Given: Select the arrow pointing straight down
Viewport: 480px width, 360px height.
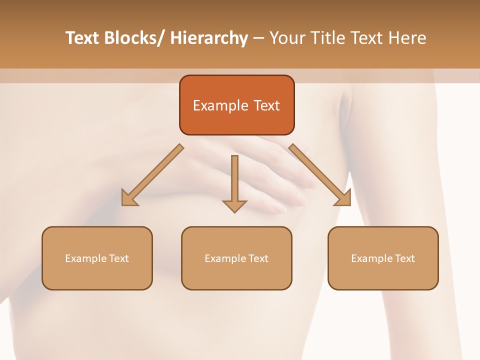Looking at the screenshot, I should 234,182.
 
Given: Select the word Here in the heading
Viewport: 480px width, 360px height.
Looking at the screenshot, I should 408,38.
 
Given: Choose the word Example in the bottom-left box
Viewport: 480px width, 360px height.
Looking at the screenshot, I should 85,258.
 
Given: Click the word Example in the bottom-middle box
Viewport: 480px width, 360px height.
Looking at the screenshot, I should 225,258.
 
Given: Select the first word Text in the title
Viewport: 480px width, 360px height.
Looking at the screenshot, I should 83,38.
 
